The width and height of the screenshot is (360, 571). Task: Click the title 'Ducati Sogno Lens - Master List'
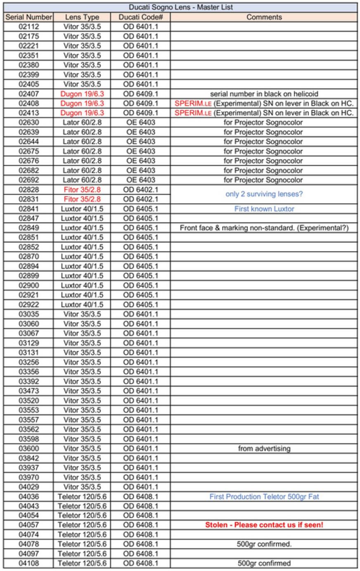point(181,7)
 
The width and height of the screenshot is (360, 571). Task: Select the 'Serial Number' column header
point(28,17)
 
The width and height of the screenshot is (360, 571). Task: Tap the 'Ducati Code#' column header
point(141,17)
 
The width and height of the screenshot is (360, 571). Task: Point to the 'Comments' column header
point(264,17)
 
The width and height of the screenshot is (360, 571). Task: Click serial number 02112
point(28,26)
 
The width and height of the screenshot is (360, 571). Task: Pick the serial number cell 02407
point(28,94)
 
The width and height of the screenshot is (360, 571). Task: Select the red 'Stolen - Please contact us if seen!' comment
point(264,525)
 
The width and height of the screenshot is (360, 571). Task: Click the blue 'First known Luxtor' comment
point(264,209)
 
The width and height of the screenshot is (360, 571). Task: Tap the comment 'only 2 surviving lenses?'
point(264,194)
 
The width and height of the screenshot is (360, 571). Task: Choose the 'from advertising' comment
point(264,448)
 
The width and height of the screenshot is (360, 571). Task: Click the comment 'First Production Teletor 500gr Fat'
point(264,496)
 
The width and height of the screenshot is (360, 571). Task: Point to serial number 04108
point(28,563)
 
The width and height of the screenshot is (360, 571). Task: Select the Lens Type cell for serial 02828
point(82,189)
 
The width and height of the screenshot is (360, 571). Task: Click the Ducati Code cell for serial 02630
point(141,123)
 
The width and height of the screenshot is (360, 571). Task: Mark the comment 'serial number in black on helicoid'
point(264,94)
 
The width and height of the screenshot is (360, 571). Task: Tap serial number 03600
point(28,448)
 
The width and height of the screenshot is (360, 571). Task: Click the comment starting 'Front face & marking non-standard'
point(264,228)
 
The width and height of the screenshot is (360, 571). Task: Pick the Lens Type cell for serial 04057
point(82,525)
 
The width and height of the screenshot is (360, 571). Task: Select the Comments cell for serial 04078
point(264,544)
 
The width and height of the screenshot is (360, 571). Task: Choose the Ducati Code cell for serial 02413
point(141,113)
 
